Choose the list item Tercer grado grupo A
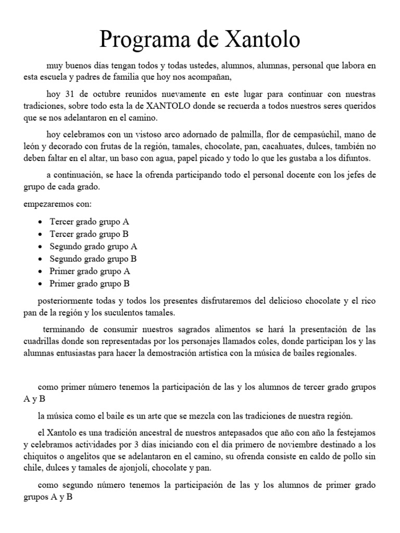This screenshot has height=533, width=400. pyautogui.click(x=89, y=221)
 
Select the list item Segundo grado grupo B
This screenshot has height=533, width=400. pyautogui.click(x=93, y=259)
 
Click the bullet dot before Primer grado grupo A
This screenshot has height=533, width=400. pyautogui.click(x=41, y=272)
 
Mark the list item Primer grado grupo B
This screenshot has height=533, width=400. pyautogui.click(x=89, y=284)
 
